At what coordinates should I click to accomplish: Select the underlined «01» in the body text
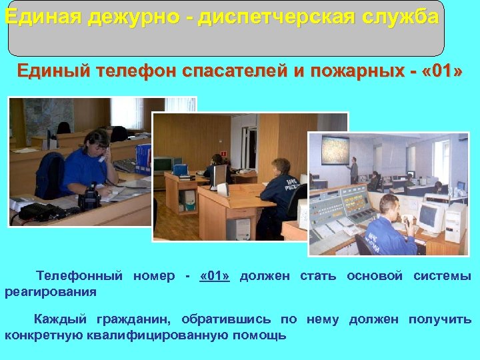[215, 276]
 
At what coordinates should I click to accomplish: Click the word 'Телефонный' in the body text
[79, 276]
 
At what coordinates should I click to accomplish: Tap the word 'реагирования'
[51, 291]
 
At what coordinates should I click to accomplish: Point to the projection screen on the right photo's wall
[335, 151]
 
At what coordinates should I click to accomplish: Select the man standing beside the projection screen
[353, 169]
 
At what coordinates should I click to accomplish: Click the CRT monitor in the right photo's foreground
[429, 215]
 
